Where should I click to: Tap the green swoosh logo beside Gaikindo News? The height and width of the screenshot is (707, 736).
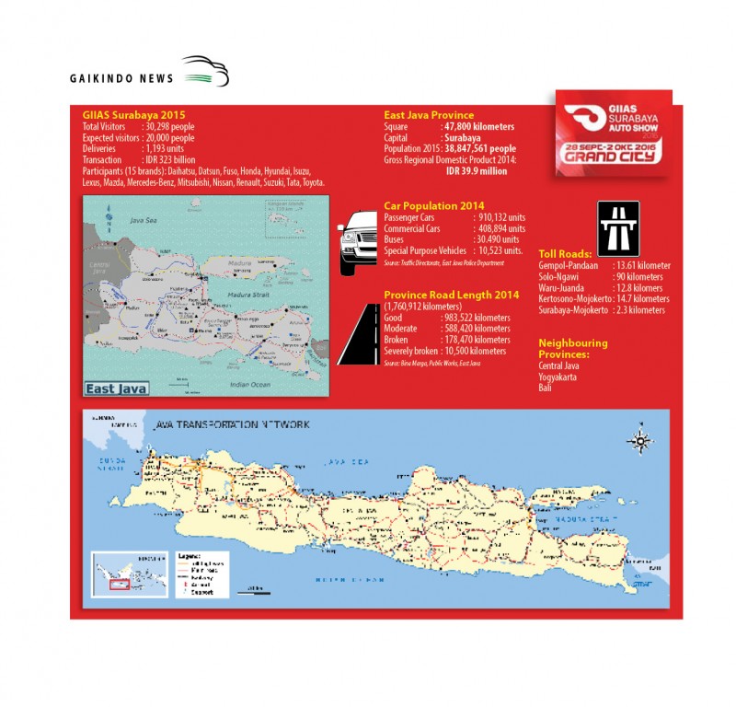tap(204, 71)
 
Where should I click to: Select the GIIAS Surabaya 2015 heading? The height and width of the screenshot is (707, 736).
tap(134, 115)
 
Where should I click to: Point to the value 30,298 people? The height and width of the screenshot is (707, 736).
tap(170, 127)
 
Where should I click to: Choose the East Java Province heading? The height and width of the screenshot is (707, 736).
tap(430, 114)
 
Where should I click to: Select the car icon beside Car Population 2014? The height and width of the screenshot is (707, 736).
tap(359, 242)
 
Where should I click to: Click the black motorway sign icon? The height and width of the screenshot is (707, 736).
tap(618, 227)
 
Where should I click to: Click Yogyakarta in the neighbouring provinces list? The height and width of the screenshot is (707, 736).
tap(560, 377)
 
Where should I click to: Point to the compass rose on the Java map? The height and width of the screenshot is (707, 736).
tap(638, 442)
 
